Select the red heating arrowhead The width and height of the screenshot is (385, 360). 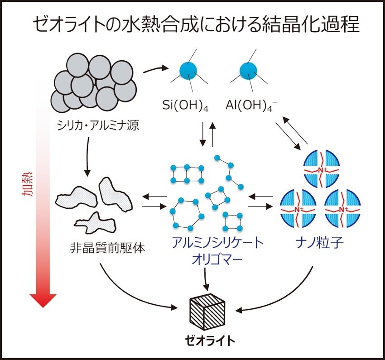[43, 300]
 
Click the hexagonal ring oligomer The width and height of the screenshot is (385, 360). [184, 213]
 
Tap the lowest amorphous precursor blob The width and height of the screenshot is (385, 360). [94, 222]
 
